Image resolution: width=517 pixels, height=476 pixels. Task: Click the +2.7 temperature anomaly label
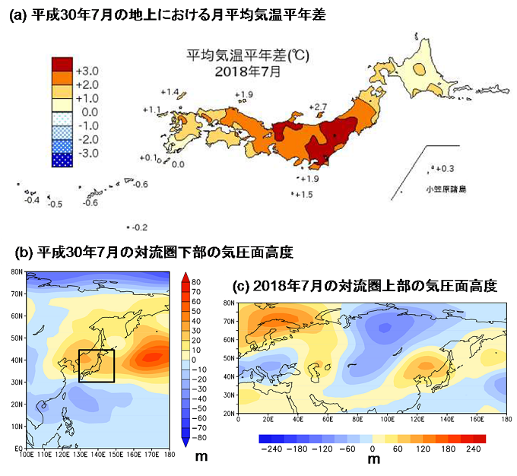pyautogui.click(x=319, y=106)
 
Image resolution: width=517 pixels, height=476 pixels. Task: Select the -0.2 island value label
pyautogui.click(x=138, y=227)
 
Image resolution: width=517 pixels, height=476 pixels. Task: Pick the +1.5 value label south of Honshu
pyautogui.click(x=304, y=195)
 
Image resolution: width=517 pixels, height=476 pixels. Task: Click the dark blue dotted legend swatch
pyautogui.click(x=62, y=160)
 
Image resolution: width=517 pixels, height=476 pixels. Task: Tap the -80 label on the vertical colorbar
pyautogui.click(x=195, y=438)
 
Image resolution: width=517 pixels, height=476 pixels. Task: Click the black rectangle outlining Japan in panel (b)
pyautogui.click(x=96, y=365)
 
